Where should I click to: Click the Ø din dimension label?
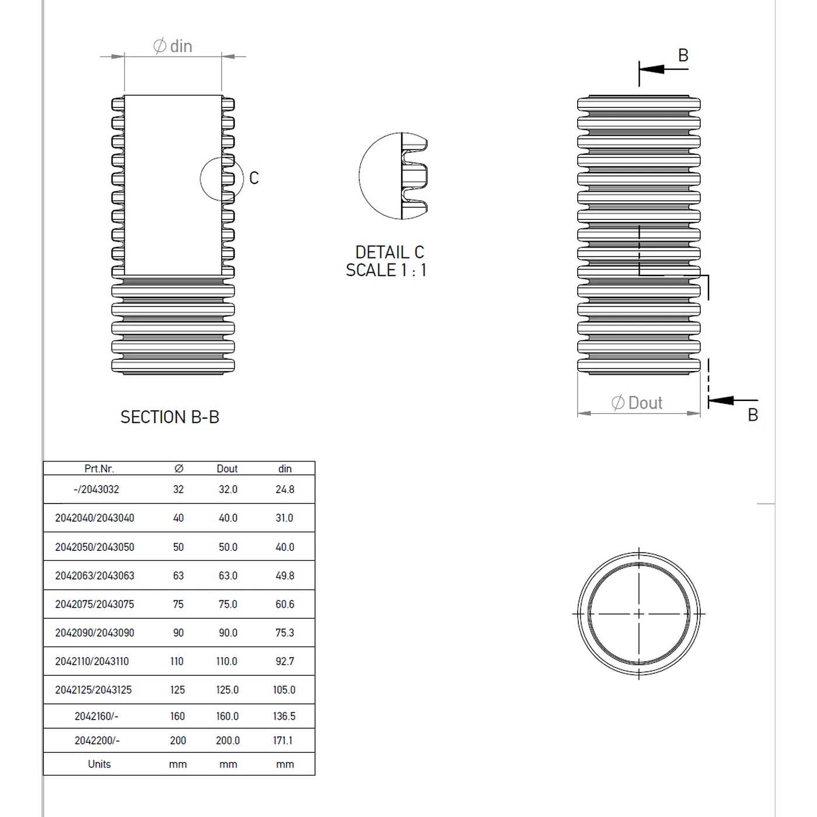(173, 46)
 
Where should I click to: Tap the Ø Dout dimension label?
(637, 403)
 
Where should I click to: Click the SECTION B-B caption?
(170, 417)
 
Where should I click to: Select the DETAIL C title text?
(389, 252)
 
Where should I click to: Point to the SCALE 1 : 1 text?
(386, 270)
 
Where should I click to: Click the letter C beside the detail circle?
(254, 178)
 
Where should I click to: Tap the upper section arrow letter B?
(683, 55)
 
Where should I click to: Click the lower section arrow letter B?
(753, 415)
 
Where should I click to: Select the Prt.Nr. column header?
(99, 469)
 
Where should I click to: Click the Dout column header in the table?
(227, 469)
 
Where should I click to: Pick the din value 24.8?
(285, 490)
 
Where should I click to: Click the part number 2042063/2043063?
(95, 575)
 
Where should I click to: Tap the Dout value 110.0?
(227, 661)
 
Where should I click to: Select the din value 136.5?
(284, 716)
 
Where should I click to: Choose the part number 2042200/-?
(97, 740)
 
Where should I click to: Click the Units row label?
(99, 764)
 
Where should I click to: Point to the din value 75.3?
(285, 633)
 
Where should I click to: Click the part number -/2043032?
(96, 490)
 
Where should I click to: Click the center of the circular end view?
(639, 613)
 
